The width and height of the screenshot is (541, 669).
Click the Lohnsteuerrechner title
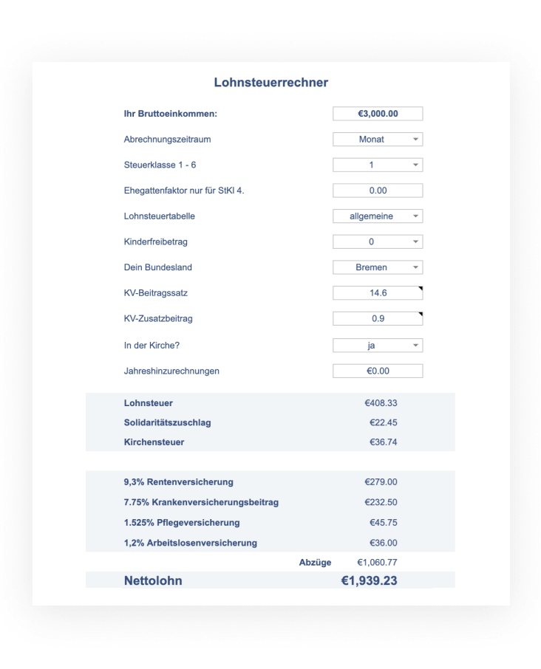270,83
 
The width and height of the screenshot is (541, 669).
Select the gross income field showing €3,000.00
378,114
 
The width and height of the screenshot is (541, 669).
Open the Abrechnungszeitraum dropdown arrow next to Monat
415,140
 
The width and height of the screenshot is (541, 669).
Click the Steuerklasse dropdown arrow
415,165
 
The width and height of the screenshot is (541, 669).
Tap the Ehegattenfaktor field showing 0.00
378,191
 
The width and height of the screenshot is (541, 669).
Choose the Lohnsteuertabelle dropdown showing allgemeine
378,216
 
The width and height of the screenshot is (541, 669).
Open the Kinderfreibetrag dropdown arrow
415,241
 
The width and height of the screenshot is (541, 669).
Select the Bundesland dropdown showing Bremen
378,267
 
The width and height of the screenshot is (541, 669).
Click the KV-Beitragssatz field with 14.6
378,293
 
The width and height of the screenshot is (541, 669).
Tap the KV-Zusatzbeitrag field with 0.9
378,319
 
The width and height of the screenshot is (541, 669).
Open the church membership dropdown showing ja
378,345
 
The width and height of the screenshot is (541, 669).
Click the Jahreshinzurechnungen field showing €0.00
378,371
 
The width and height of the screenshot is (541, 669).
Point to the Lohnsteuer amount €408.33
381,403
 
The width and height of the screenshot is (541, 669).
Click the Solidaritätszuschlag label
168,422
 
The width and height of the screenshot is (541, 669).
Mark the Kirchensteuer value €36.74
383,442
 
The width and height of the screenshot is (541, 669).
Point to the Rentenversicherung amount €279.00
381,482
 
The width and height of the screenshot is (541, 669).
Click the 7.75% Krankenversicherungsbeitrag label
201,502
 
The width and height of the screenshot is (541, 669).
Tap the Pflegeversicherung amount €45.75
383,523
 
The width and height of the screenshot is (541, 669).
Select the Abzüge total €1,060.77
377,563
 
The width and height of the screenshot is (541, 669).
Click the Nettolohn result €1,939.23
369,581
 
